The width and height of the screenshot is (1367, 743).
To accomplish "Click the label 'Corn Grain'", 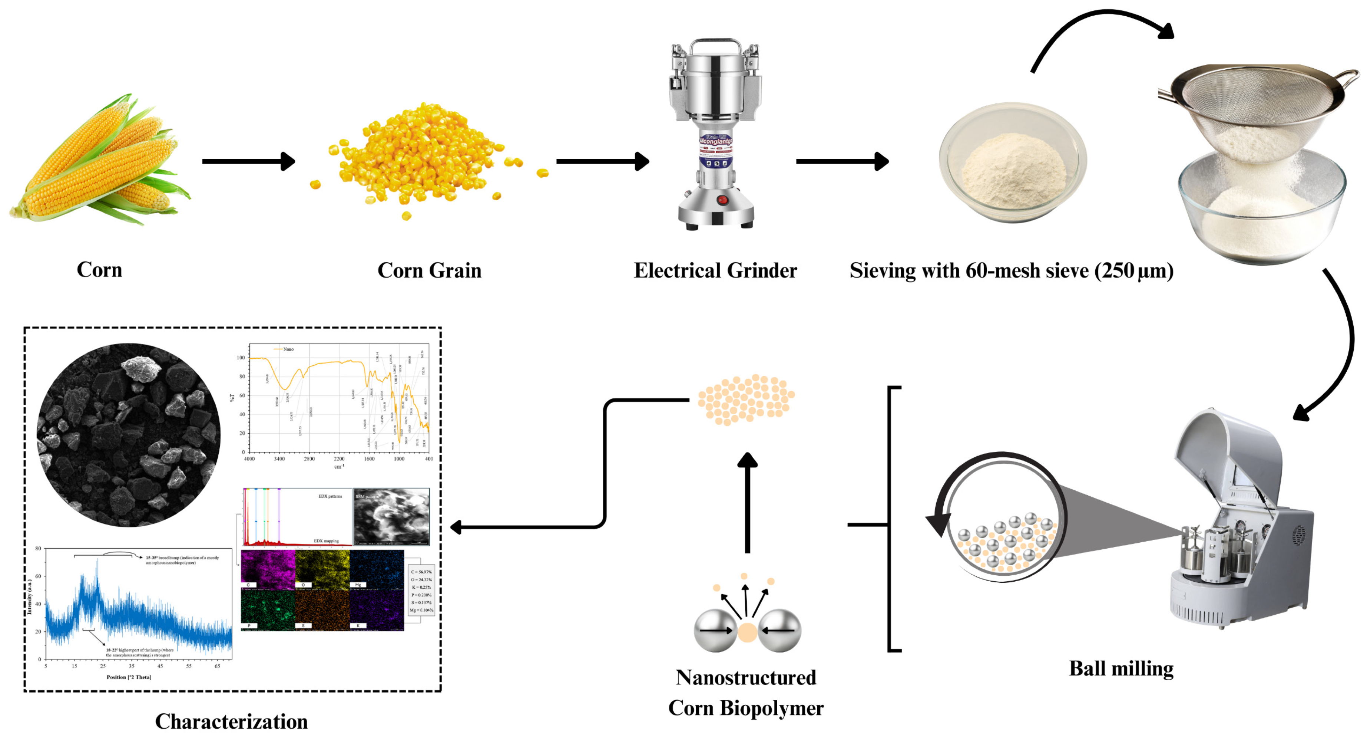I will (429, 270).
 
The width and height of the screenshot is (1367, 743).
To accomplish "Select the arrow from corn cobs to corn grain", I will (248, 161).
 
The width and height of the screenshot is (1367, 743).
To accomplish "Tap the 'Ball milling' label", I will (1121, 668).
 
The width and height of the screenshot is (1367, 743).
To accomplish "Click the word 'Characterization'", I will (231, 721).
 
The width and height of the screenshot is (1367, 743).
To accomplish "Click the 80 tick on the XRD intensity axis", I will (38, 548).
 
